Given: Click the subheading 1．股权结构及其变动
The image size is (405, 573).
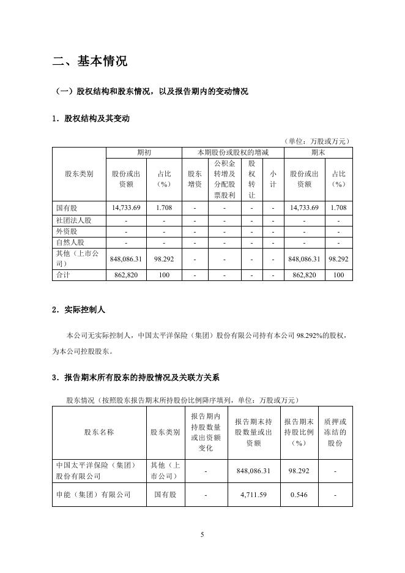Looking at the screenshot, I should pos(91,119).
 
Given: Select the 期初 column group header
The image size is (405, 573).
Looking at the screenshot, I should pos(144,152).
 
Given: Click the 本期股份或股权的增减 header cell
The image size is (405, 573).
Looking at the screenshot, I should pos(232,152).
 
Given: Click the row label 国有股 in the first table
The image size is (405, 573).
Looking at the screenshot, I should pos(66,208).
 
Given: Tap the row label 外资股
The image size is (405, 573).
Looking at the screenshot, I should pos(66,232).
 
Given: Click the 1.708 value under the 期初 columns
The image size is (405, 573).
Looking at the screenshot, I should pos(163,208).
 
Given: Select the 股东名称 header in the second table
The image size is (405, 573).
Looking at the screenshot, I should pos(99,432).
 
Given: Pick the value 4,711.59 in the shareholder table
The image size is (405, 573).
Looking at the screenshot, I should pos(253,495).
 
